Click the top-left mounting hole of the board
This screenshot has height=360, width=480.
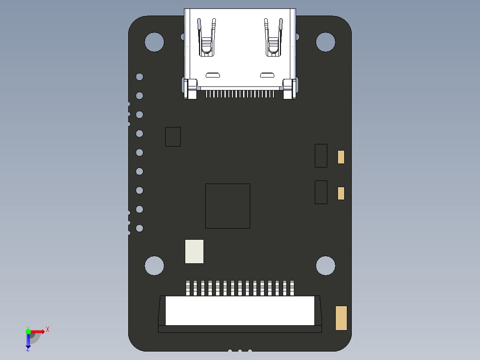pos(154,42)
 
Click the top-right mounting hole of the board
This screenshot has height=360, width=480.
pos(325,42)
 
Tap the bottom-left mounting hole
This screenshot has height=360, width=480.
pos(154,266)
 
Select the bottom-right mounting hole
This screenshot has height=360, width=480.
pos(325,266)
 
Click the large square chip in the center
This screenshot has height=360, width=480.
pos(228,206)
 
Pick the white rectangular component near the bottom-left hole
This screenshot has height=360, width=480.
pos(194,251)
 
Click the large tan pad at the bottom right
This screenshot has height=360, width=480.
pos(341,318)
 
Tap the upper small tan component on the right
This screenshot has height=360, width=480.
pos(341,157)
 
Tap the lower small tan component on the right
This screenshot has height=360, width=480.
pos(341,193)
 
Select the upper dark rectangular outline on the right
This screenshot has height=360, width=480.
pos(321,155)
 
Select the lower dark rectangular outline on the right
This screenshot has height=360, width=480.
pos(321,192)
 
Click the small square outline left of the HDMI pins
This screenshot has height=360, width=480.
pos(173,136)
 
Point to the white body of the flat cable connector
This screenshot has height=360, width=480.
pos(240,311)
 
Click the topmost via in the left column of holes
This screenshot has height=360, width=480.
pos(139,77)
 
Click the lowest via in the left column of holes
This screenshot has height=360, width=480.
pos(139,228)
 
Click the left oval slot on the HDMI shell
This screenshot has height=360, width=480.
pos(212,74)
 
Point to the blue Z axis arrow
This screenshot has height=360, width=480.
pos(28,341)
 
